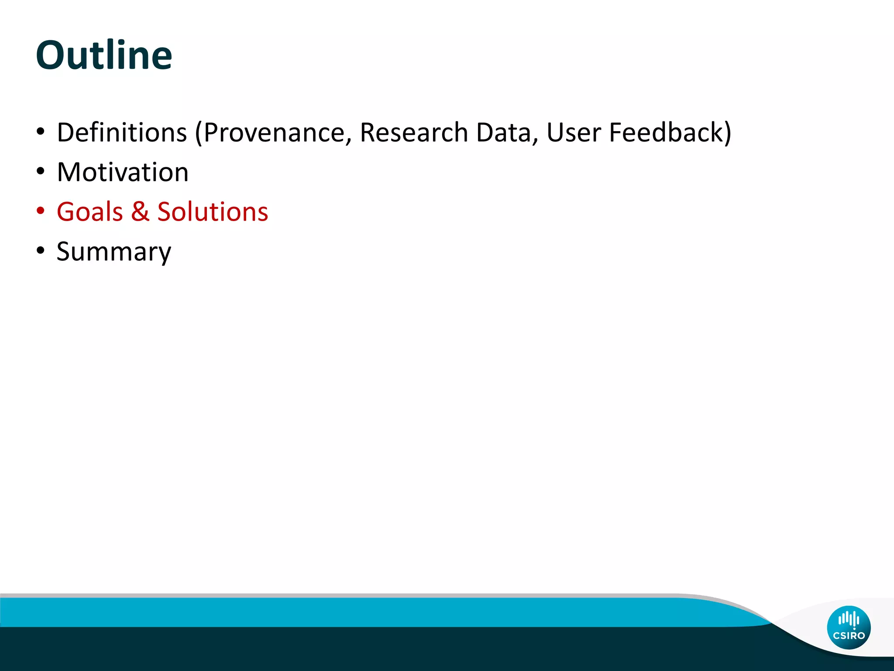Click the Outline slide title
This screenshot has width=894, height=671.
[x=104, y=55]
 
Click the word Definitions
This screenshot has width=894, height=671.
[x=122, y=132]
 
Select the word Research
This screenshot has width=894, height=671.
[x=413, y=132]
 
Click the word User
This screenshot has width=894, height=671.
[x=574, y=132]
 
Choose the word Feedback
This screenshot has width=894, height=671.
[x=665, y=132]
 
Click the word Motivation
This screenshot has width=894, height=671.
[x=123, y=172]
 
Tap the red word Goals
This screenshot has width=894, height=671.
[x=89, y=212]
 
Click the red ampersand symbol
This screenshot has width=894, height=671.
[x=140, y=212]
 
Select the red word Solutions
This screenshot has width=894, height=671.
[x=213, y=212]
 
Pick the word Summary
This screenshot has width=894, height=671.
[x=114, y=252]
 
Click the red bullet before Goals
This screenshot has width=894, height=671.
[x=41, y=211]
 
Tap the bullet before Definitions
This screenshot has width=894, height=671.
[x=41, y=131]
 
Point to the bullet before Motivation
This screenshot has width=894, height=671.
[x=41, y=171]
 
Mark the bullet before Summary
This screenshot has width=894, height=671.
[x=41, y=251]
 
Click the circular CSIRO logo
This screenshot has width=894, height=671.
[x=849, y=627]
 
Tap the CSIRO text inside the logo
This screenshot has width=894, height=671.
[x=849, y=636]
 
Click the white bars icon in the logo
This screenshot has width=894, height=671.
[x=849, y=619]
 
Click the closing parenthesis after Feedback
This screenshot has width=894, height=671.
[x=727, y=133]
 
